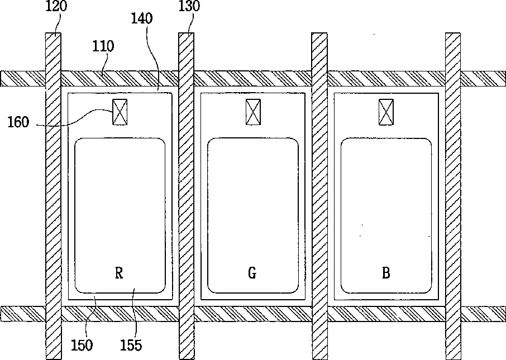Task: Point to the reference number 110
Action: pos(103,46)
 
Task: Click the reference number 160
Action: pos(18,122)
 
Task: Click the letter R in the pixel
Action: pos(118,273)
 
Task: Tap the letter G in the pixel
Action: pos(252,273)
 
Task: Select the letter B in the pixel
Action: pos(385,273)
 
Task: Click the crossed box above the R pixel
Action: pos(120,112)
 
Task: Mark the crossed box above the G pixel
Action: pos(253,112)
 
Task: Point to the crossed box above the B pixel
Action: pos(386,112)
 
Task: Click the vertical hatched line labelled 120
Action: pos(53,195)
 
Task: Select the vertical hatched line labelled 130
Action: pos(186,195)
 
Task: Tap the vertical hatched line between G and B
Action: pos(319,195)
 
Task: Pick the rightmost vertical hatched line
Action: pos(452,195)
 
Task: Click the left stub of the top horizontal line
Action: pos(22,78)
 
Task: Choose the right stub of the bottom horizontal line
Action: pos(483,314)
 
